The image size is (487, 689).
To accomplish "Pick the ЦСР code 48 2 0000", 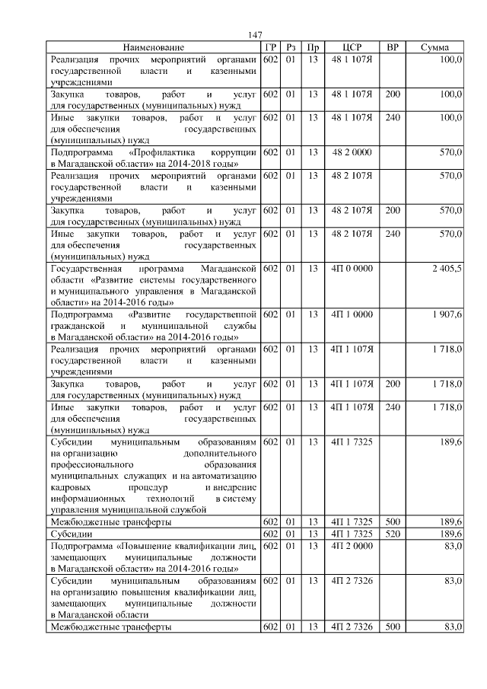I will [352, 152].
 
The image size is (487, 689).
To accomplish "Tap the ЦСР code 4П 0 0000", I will [352, 269].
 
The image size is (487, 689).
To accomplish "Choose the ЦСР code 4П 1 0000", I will [352, 314].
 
